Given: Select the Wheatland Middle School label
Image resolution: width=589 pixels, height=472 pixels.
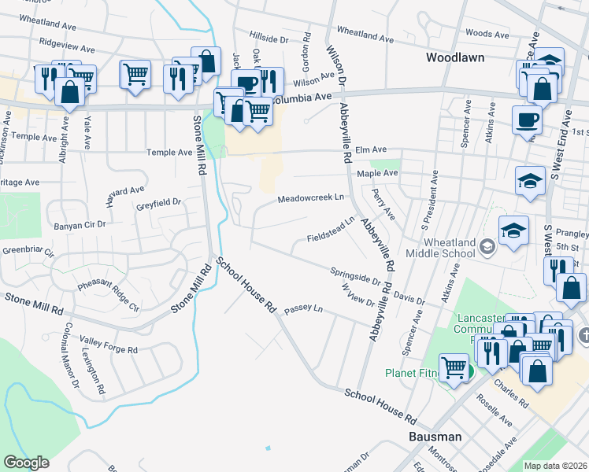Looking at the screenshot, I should (x=440, y=248).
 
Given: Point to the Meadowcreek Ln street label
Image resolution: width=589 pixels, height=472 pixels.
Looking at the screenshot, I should (x=311, y=198).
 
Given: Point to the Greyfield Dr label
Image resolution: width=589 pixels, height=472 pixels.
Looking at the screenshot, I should (x=158, y=202).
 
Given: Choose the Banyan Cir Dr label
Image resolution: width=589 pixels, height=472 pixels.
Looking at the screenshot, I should (x=80, y=225).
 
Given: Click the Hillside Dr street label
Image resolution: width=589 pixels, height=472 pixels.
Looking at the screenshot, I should (x=269, y=38).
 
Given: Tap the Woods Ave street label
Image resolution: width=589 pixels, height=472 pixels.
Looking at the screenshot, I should (x=487, y=34).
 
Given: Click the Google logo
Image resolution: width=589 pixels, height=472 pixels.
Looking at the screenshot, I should (x=26, y=463).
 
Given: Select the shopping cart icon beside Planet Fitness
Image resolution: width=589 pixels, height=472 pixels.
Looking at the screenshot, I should (x=454, y=367).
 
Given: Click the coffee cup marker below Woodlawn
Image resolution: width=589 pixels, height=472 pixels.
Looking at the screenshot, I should (x=526, y=120).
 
